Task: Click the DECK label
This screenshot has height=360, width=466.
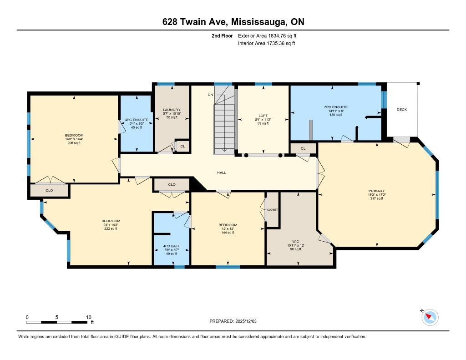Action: pyautogui.click(x=402, y=110)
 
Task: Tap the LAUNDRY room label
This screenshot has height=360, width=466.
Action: pyautogui.click(x=172, y=110)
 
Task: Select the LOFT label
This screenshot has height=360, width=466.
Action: pyautogui.click(x=263, y=116)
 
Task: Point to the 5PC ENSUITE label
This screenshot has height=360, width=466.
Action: pyautogui.click(x=336, y=107)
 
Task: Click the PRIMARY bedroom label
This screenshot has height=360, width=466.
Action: pyautogui.click(x=376, y=191)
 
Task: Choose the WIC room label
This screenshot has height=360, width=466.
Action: pyautogui.click(x=296, y=241)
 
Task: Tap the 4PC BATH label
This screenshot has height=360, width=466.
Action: pyautogui.click(x=172, y=246)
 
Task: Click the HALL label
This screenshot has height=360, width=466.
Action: pyautogui.click(x=222, y=172)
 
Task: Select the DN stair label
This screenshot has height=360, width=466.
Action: pyautogui.click(x=210, y=95)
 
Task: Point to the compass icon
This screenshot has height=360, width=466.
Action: pyautogui.click(x=430, y=317)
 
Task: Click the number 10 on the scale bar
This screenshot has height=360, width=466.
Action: pyautogui.click(x=89, y=317)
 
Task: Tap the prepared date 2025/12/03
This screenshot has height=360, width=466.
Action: pyautogui.click(x=246, y=321)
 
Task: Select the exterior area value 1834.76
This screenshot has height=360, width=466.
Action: pyautogui.click(x=276, y=35)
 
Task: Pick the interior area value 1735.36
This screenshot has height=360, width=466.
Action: pyautogui.click(x=275, y=43)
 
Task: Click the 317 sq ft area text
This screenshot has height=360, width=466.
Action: pyautogui.click(x=376, y=198)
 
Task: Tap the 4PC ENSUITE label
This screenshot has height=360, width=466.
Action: pyautogui.click(x=137, y=120)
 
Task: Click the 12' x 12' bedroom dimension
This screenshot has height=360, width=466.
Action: pyautogui.click(x=228, y=229)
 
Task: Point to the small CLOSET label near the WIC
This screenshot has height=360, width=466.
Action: pyautogui.click(x=272, y=209)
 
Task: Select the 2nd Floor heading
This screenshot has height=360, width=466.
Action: pyautogui.click(x=222, y=35)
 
